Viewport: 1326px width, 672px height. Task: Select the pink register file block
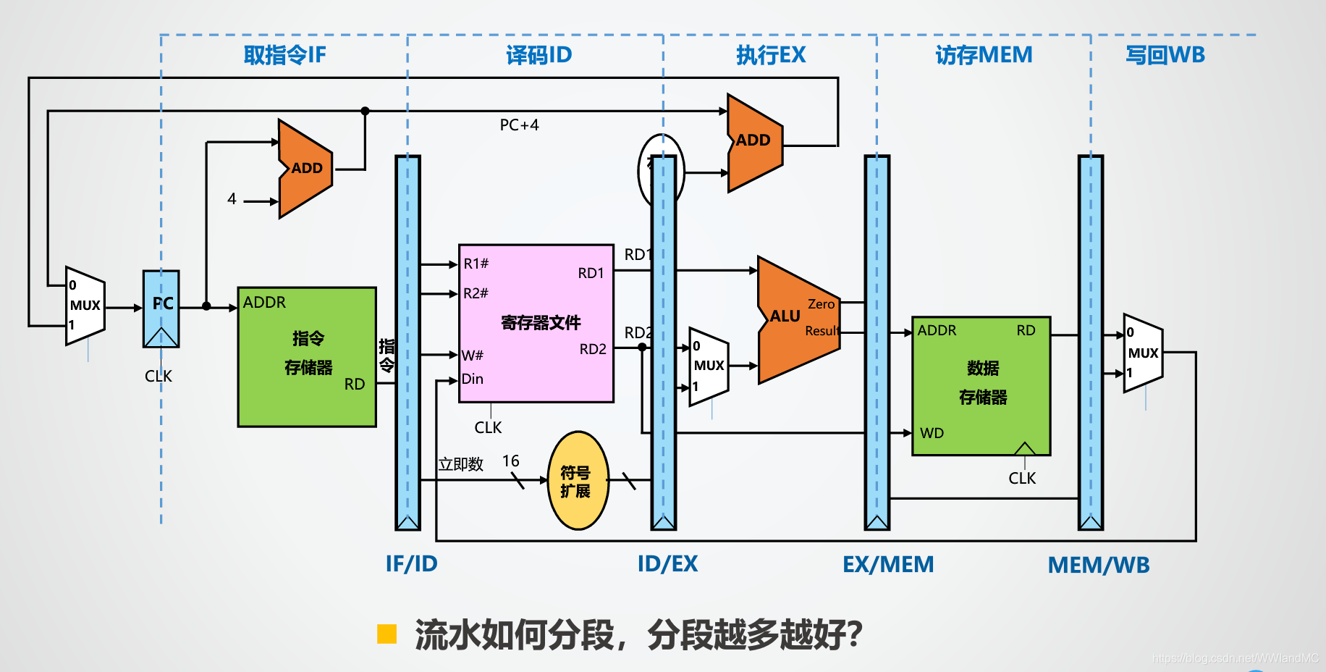point(536,323)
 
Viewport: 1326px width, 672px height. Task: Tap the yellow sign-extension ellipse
point(578,481)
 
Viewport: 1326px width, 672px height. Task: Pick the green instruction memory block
point(307,356)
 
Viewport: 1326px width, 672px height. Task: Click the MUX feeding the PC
point(85,306)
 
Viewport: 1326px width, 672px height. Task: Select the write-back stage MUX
point(1142,353)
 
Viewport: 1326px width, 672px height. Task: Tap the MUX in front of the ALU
point(708,366)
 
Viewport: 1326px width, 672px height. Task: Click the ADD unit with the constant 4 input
point(305,169)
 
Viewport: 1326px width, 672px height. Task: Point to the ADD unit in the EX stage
point(753,142)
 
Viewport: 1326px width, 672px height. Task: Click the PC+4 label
point(519,125)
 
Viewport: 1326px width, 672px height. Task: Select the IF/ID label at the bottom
point(411,564)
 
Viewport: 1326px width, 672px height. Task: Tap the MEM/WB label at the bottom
point(1098,566)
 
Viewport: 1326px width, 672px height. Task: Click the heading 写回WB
point(1165,55)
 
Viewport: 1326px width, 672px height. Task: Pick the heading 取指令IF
point(284,55)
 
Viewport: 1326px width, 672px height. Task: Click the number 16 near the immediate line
point(510,461)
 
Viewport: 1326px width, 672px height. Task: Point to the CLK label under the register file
point(488,428)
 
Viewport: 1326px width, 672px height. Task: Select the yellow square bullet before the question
point(387,634)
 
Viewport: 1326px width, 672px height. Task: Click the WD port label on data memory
point(932,433)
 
